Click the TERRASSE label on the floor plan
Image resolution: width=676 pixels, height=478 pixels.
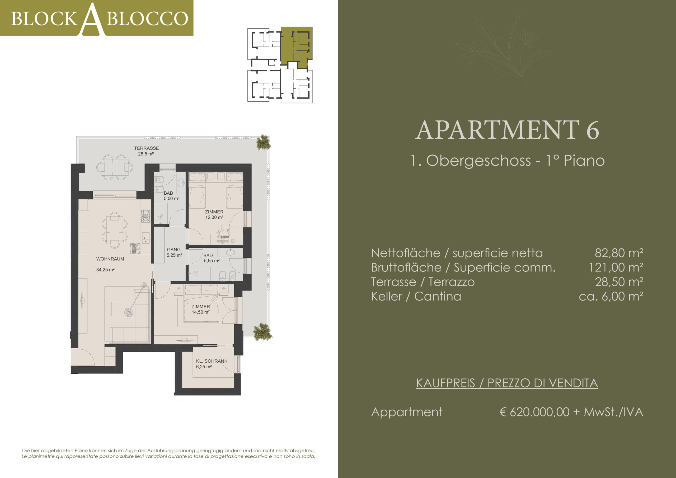pos(146,148)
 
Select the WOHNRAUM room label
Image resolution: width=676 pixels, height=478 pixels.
pos(110,259)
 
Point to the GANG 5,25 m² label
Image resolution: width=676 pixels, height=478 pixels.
pos(174,252)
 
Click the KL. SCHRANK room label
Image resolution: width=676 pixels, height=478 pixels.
pos(212,361)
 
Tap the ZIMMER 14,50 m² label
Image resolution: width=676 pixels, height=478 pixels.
pos(201,309)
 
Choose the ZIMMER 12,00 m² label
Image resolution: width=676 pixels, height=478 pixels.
pos(214,214)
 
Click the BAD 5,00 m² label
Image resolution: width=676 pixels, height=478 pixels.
pos(171,196)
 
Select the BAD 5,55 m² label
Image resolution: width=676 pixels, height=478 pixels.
pos(212,258)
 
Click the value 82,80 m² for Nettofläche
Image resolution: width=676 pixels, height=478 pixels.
pos(619,253)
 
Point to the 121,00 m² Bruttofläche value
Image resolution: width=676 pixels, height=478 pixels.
pos(616,268)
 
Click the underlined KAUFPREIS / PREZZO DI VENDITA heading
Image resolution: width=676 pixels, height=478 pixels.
pos(507,383)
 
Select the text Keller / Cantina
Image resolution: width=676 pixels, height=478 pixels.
pos(416,296)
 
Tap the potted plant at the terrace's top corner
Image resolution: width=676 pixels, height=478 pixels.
pos(263,143)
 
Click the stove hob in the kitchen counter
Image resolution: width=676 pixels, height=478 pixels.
pos(145,216)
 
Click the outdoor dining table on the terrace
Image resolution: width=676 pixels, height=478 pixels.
pos(115,167)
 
